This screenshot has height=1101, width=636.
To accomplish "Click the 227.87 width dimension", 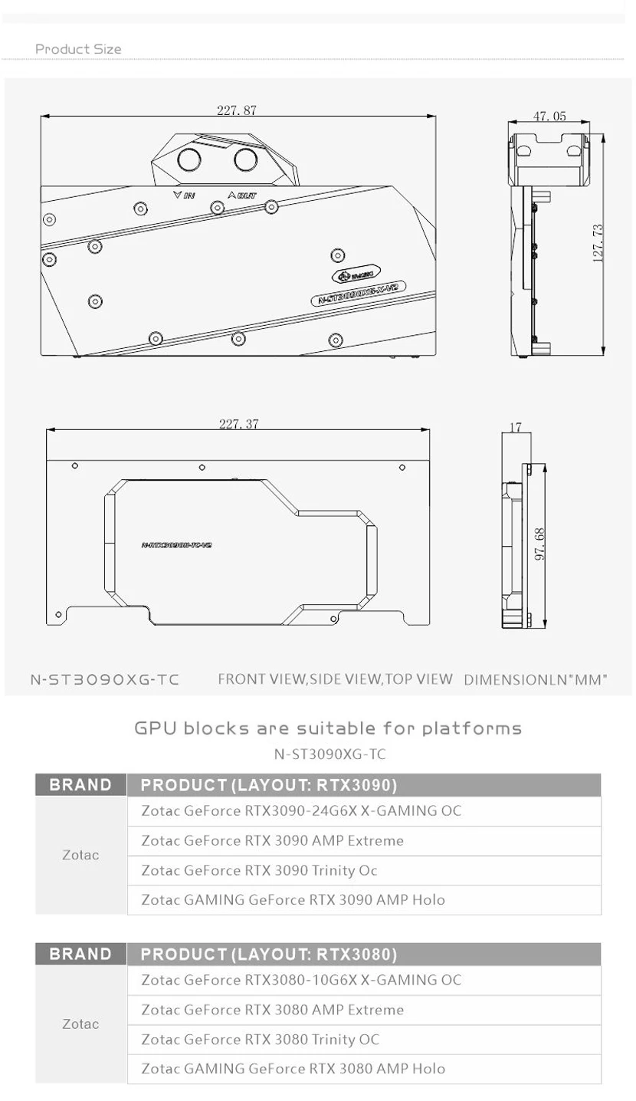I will tap(236, 110).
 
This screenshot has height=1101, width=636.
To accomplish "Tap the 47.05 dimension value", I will tap(549, 116).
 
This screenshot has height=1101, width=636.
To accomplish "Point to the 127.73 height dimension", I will tap(599, 243).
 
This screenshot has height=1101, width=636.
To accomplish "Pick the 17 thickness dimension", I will tap(515, 427).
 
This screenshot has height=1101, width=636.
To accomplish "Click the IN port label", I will tap(185, 196).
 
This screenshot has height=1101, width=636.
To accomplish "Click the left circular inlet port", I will tap(189, 160).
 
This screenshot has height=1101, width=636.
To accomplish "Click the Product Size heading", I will tap(78, 49).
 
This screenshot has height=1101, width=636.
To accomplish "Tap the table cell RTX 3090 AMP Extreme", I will tap(272, 840).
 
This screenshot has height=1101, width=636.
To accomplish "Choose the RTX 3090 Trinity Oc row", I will tap(259, 870).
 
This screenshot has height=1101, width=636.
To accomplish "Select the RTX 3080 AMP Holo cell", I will tap(293, 1068).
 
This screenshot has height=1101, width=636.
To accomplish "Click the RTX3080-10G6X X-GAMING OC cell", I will tap(301, 980).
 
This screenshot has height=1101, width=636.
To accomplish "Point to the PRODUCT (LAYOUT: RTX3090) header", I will tap(269, 785).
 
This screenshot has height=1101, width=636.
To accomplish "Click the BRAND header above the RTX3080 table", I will tap(80, 954).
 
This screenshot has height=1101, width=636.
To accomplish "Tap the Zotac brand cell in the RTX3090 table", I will tap(80, 855).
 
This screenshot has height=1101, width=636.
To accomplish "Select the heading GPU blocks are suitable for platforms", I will tap(328, 728).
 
